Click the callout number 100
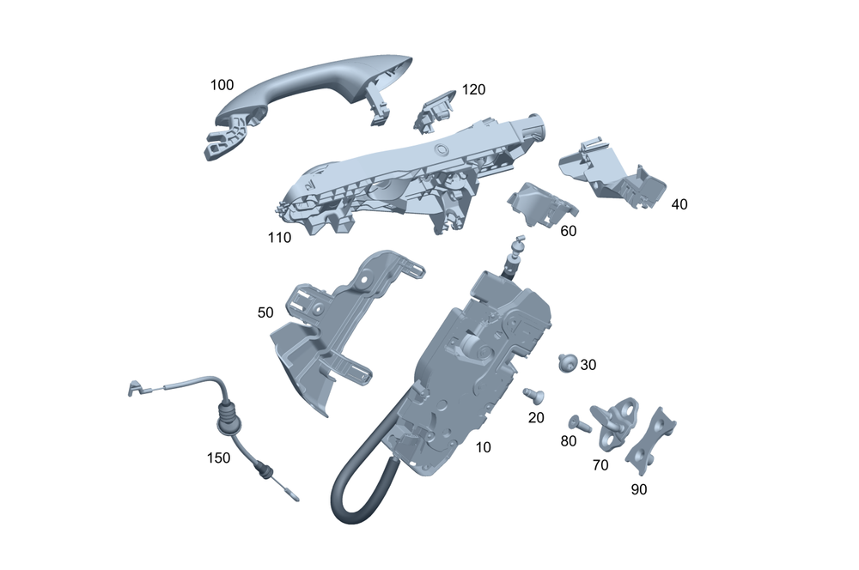[x=222, y=85]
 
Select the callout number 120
[x=473, y=89]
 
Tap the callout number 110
[x=279, y=238]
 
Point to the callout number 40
[x=679, y=204]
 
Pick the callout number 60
[x=568, y=231]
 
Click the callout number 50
[x=265, y=312]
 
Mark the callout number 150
[x=218, y=458]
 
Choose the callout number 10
[x=483, y=447]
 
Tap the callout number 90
[x=639, y=489]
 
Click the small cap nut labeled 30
[x=568, y=362]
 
